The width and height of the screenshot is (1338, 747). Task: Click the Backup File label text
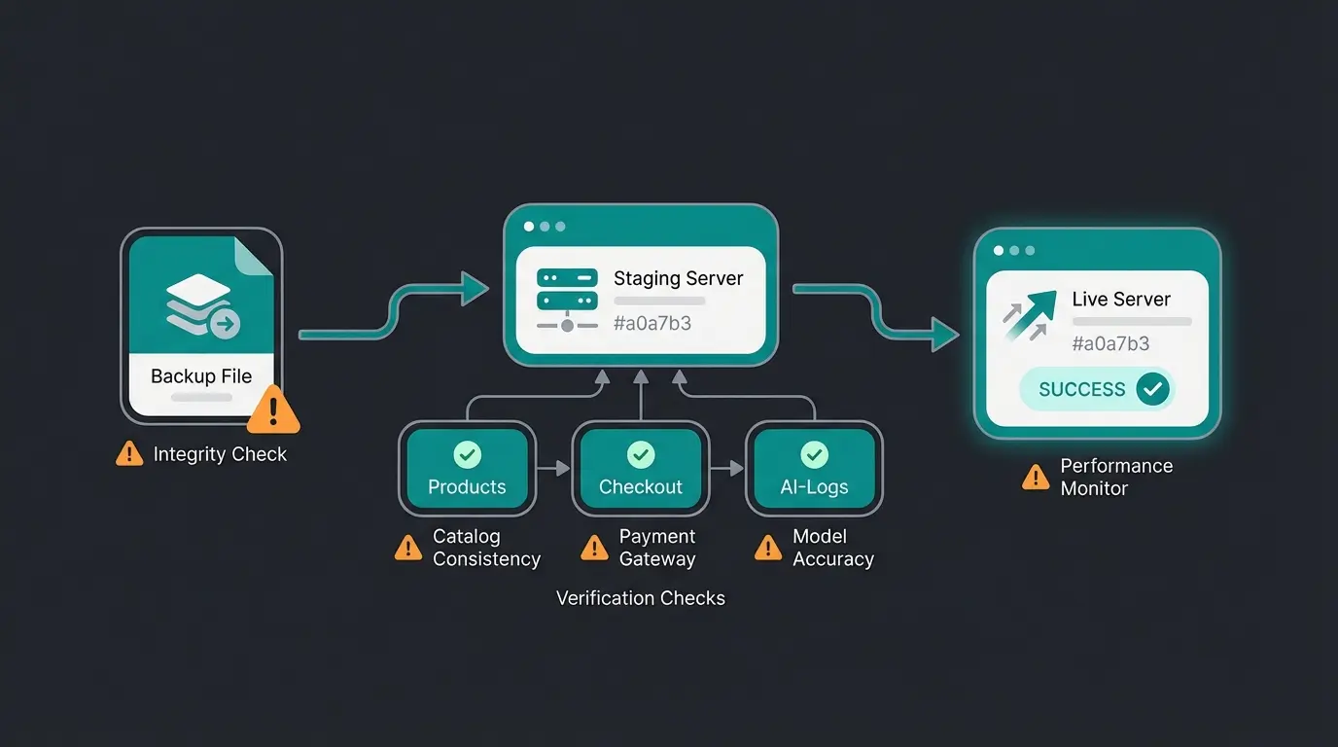click(201, 376)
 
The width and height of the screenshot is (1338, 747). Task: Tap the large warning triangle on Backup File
click(273, 409)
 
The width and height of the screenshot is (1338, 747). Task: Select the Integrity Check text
click(220, 454)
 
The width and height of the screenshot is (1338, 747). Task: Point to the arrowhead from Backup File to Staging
click(475, 288)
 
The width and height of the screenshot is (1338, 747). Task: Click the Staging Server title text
click(678, 278)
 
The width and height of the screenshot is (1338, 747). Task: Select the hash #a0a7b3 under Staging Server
click(652, 323)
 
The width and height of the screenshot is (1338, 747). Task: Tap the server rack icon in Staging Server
click(567, 290)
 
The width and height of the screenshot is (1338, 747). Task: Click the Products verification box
click(467, 469)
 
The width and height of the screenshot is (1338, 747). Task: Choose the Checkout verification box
click(640, 469)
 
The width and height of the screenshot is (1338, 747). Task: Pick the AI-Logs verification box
click(814, 469)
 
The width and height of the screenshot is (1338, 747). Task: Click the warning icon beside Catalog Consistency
click(408, 549)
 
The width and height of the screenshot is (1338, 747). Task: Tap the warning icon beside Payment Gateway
click(594, 549)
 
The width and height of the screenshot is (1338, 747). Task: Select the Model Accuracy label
click(832, 548)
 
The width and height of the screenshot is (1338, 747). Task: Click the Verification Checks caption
click(640, 598)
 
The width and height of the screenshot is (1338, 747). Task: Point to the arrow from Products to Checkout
click(554, 469)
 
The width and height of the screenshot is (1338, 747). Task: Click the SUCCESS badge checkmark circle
click(1153, 389)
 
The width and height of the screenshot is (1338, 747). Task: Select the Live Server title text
click(1121, 300)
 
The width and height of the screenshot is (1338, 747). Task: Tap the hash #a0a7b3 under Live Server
click(1110, 343)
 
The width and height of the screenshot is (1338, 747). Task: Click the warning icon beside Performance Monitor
click(1036, 478)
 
